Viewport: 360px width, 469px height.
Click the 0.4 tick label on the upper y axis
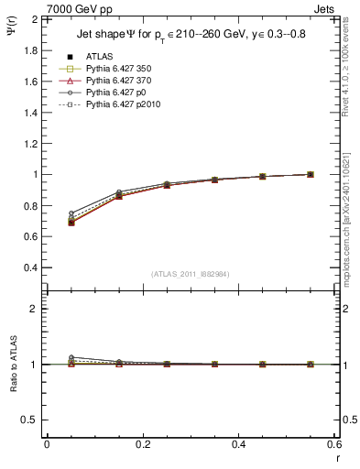click(30, 267)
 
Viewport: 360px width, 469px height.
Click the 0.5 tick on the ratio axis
click(30, 420)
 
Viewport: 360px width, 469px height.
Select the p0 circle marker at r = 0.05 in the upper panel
click(71, 213)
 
